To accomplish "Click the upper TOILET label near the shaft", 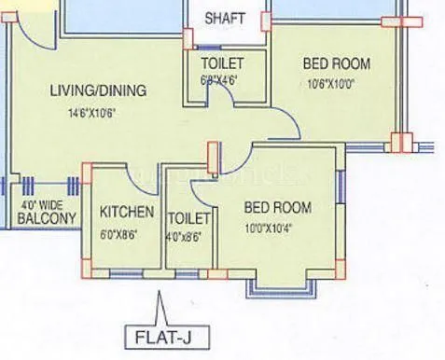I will [223, 63].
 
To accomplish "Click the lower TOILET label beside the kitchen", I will [189, 218].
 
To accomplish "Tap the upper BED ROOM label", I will [336, 64].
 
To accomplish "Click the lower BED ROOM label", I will [277, 207].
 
